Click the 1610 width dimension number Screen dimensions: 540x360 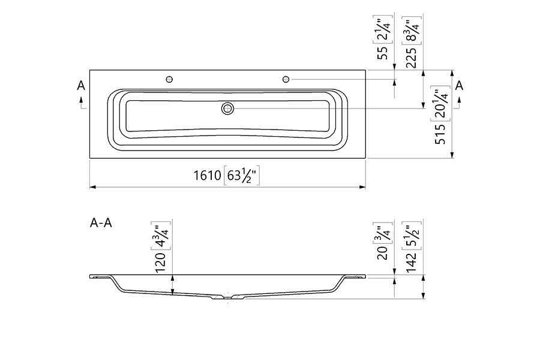pos(207,175)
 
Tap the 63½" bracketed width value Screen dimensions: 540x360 pos(242,175)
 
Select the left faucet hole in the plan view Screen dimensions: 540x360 pos(169,80)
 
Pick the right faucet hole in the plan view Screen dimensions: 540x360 pos(286,80)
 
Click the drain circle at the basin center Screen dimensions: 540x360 pos(227,109)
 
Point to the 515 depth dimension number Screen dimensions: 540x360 pos(440,134)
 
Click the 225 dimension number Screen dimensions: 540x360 pos(412,58)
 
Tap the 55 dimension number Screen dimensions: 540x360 pos(383,53)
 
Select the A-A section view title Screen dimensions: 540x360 pos(101,223)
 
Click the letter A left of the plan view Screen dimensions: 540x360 pos(81,85)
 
